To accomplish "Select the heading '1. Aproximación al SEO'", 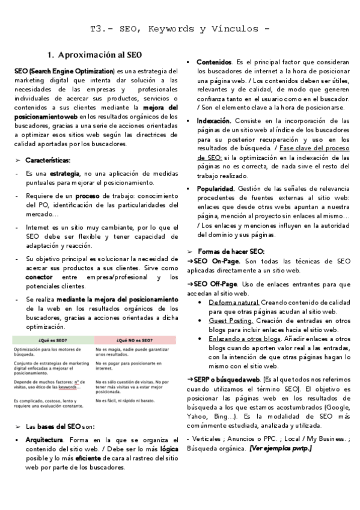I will pos(94,55).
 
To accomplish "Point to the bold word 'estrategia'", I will pos(65,173).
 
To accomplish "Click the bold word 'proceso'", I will pos(87,196).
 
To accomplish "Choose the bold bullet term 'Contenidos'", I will pos(214,62).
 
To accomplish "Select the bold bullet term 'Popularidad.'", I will pos(216,188).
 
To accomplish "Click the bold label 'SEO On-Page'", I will pos(216,262).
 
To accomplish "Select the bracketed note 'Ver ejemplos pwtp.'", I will pos(281,448).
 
